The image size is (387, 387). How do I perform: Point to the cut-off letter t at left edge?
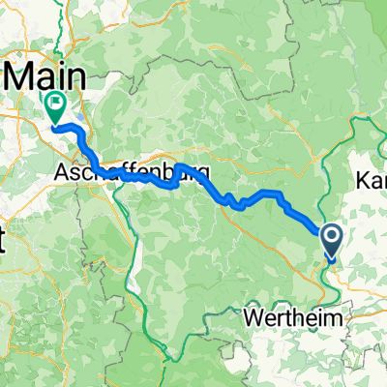coord(4,241)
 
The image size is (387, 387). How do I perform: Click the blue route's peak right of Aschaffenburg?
coord(178,166)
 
